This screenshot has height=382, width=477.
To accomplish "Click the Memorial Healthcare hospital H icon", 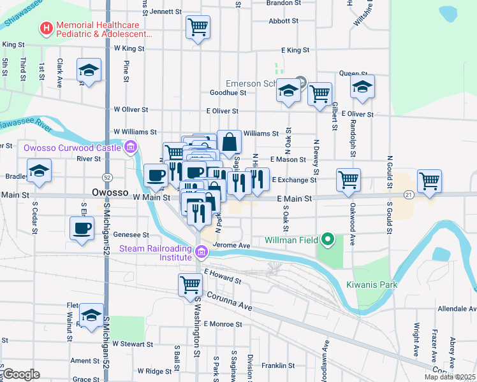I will click(46, 28).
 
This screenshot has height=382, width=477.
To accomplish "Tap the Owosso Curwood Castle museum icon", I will click(131, 148).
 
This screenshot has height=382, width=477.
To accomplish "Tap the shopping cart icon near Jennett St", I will click(198, 27).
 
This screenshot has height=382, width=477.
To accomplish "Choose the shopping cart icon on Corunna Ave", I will click(190, 285).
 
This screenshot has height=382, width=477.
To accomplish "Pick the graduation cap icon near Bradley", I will click(40, 171).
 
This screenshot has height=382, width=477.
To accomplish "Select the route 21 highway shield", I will click(409, 194).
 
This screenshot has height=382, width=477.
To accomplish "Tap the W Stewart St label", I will click(133, 344).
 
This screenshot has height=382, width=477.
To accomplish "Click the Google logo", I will click(20, 374).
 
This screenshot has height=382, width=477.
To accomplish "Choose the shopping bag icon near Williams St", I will click(229, 141).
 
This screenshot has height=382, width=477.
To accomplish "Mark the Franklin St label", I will click(277, 365).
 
